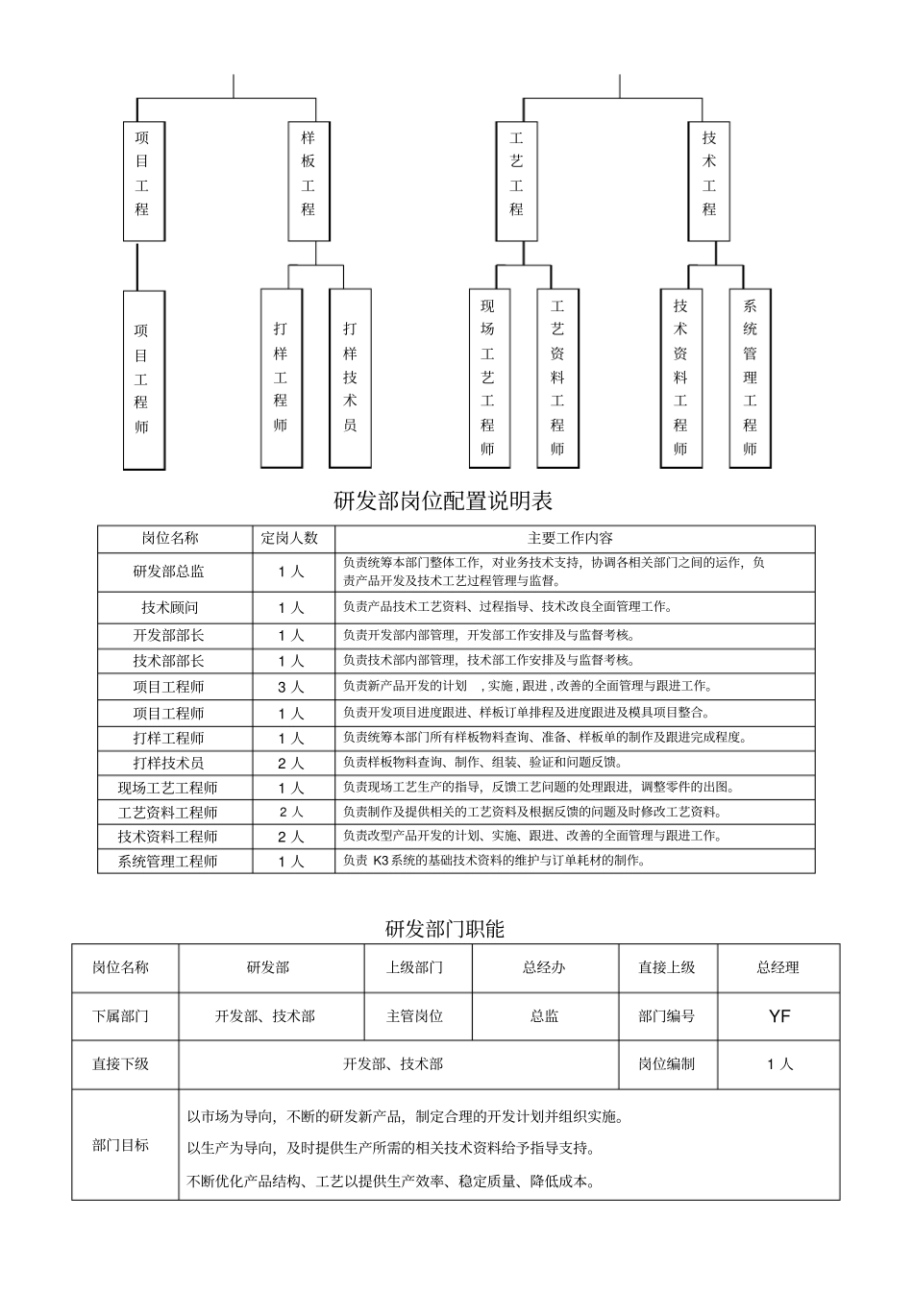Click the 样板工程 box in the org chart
click(x=308, y=181)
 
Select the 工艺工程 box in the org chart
click(x=516, y=181)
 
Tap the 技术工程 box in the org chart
click(x=709, y=181)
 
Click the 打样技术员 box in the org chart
click(x=350, y=378)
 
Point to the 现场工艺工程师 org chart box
click(x=488, y=378)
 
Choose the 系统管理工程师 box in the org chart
click(x=750, y=378)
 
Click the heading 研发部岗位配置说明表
click(x=443, y=500)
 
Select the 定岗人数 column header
click(x=290, y=538)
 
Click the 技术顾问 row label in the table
click(x=169, y=607)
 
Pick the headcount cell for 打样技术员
click(x=290, y=763)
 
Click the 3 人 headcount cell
click(x=290, y=687)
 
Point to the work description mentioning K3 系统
click(x=494, y=861)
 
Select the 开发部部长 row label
click(x=169, y=635)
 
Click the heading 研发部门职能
click(x=445, y=928)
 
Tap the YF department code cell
click(x=778, y=1015)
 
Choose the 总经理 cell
click(x=777, y=967)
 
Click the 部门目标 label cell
click(x=121, y=1144)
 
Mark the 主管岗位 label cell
click(x=415, y=1015)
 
